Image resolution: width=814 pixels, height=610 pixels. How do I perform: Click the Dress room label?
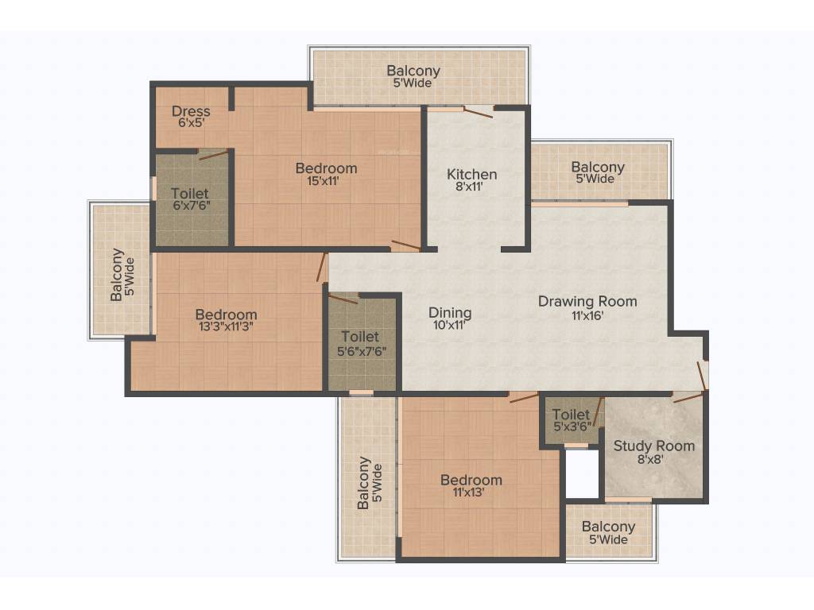[x=191, y=111]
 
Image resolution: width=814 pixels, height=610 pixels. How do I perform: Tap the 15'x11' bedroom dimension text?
[x=326, y=180]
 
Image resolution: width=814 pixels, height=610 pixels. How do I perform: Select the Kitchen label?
[x=471, y=174]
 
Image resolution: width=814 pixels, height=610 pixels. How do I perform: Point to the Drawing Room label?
[x=587, y=301]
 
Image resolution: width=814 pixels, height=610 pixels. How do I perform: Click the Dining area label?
[x=450, y=312]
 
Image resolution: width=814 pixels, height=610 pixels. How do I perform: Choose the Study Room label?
[x=653, y=446]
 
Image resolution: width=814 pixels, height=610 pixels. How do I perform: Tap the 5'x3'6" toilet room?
[x=572, y=420]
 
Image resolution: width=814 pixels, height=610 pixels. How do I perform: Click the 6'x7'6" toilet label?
[x=190, y=193]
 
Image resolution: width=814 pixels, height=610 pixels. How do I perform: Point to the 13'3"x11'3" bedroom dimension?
[x=215, y=326]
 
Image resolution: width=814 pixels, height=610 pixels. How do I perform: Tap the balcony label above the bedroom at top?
[x=413, y=71]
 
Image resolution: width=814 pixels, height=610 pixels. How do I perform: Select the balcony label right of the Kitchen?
[x=597, y=168]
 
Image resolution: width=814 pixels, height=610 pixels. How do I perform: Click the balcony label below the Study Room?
[x=608, y=527]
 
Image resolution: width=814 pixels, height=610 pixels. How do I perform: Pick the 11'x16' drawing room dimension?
[x=587, y=315]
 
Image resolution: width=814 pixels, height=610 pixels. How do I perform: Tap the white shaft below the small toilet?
[x=581, y=474]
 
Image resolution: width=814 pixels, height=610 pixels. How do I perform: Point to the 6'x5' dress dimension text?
[x=191, y=124]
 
